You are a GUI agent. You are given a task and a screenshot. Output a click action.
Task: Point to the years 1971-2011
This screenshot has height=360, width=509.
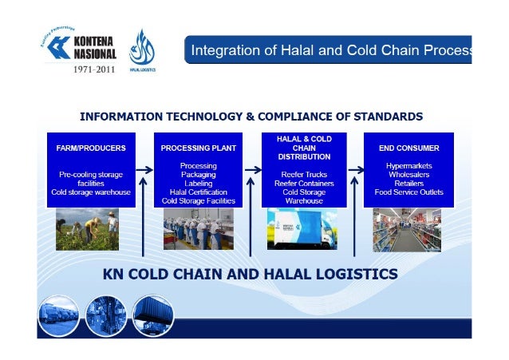pyautogui.click(x=94, y=70)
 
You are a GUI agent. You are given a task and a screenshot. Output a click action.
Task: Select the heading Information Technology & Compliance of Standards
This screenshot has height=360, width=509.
pyautogui.click(x=251, y=117)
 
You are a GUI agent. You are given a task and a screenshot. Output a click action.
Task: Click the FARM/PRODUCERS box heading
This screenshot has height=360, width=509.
pyautogui.click(x=90, y=148)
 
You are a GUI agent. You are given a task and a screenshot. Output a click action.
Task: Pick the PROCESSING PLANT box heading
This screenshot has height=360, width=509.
pyautogui.click(x=198, y=148)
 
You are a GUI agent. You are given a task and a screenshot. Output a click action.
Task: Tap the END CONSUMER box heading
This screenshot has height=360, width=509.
pyautogui.click(x=408, y=148)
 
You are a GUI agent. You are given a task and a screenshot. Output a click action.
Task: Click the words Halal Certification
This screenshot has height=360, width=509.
pyautogui.click(x=198, y=192)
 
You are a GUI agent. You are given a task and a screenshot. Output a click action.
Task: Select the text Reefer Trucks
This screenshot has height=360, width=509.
pyautogui.click(x=304, y=175)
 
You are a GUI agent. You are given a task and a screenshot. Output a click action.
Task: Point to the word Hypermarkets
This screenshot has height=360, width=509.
pyautogui.click(x=408, y=166)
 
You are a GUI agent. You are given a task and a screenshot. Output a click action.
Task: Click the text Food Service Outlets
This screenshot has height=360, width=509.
pyautogui.click(x=408, y=192)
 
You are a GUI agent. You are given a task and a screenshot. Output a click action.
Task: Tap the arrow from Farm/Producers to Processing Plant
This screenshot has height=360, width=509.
pyautogui.click(x=144, y=170)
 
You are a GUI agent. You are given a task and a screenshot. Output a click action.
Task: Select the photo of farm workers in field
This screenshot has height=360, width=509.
pyautogui.click(x=87, y=230)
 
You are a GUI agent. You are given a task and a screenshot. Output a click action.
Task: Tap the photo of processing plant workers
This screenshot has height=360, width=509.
pyautogui.click(x=198, y=230)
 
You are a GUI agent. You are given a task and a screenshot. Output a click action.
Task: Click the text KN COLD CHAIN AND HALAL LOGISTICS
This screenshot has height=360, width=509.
pyautogui.click(x=251, y=275)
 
